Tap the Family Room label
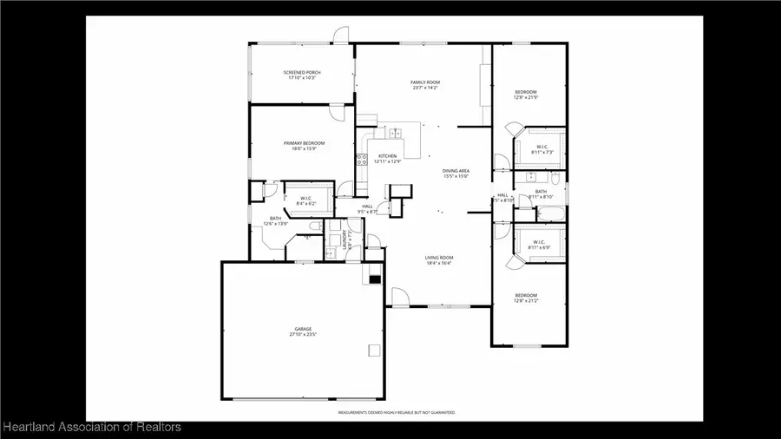pos(425,82)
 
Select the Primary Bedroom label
pos(304,143)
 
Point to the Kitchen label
pos(387,156)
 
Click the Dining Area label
pos(456,172)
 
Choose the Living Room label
pos(439,258)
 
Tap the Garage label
pos(303,330)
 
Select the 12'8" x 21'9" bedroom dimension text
pos(526,98)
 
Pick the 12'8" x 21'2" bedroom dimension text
pos(526,301)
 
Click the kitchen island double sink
pos(396,133)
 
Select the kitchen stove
pos(361,159)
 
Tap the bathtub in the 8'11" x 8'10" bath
pos(550,212)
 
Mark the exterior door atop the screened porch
pos(341,36)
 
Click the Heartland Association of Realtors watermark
pos(91,427)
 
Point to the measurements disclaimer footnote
pos(397,413)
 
